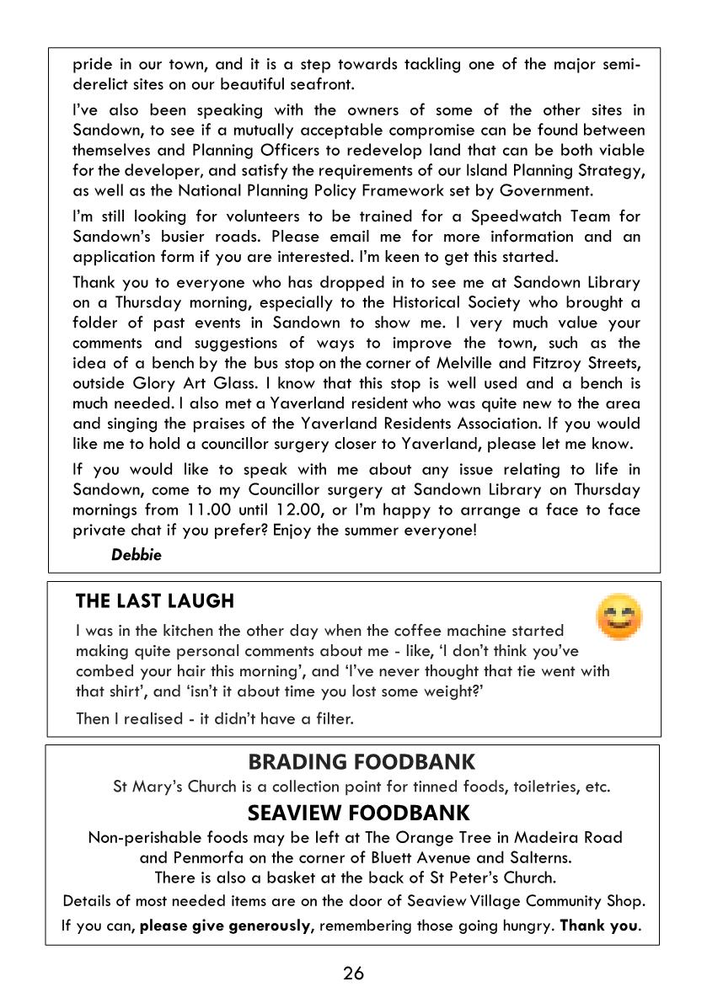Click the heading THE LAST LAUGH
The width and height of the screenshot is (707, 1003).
pos(154,600)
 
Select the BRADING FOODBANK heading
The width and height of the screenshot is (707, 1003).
pos(362,762)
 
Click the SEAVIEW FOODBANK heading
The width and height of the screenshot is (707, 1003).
pos(358,814)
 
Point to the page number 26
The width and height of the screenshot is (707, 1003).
pos(353,974)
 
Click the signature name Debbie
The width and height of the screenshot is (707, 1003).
pos(136,555)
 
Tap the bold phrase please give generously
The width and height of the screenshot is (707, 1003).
pos(227,926)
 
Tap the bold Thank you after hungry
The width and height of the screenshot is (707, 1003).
pos(599,926)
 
